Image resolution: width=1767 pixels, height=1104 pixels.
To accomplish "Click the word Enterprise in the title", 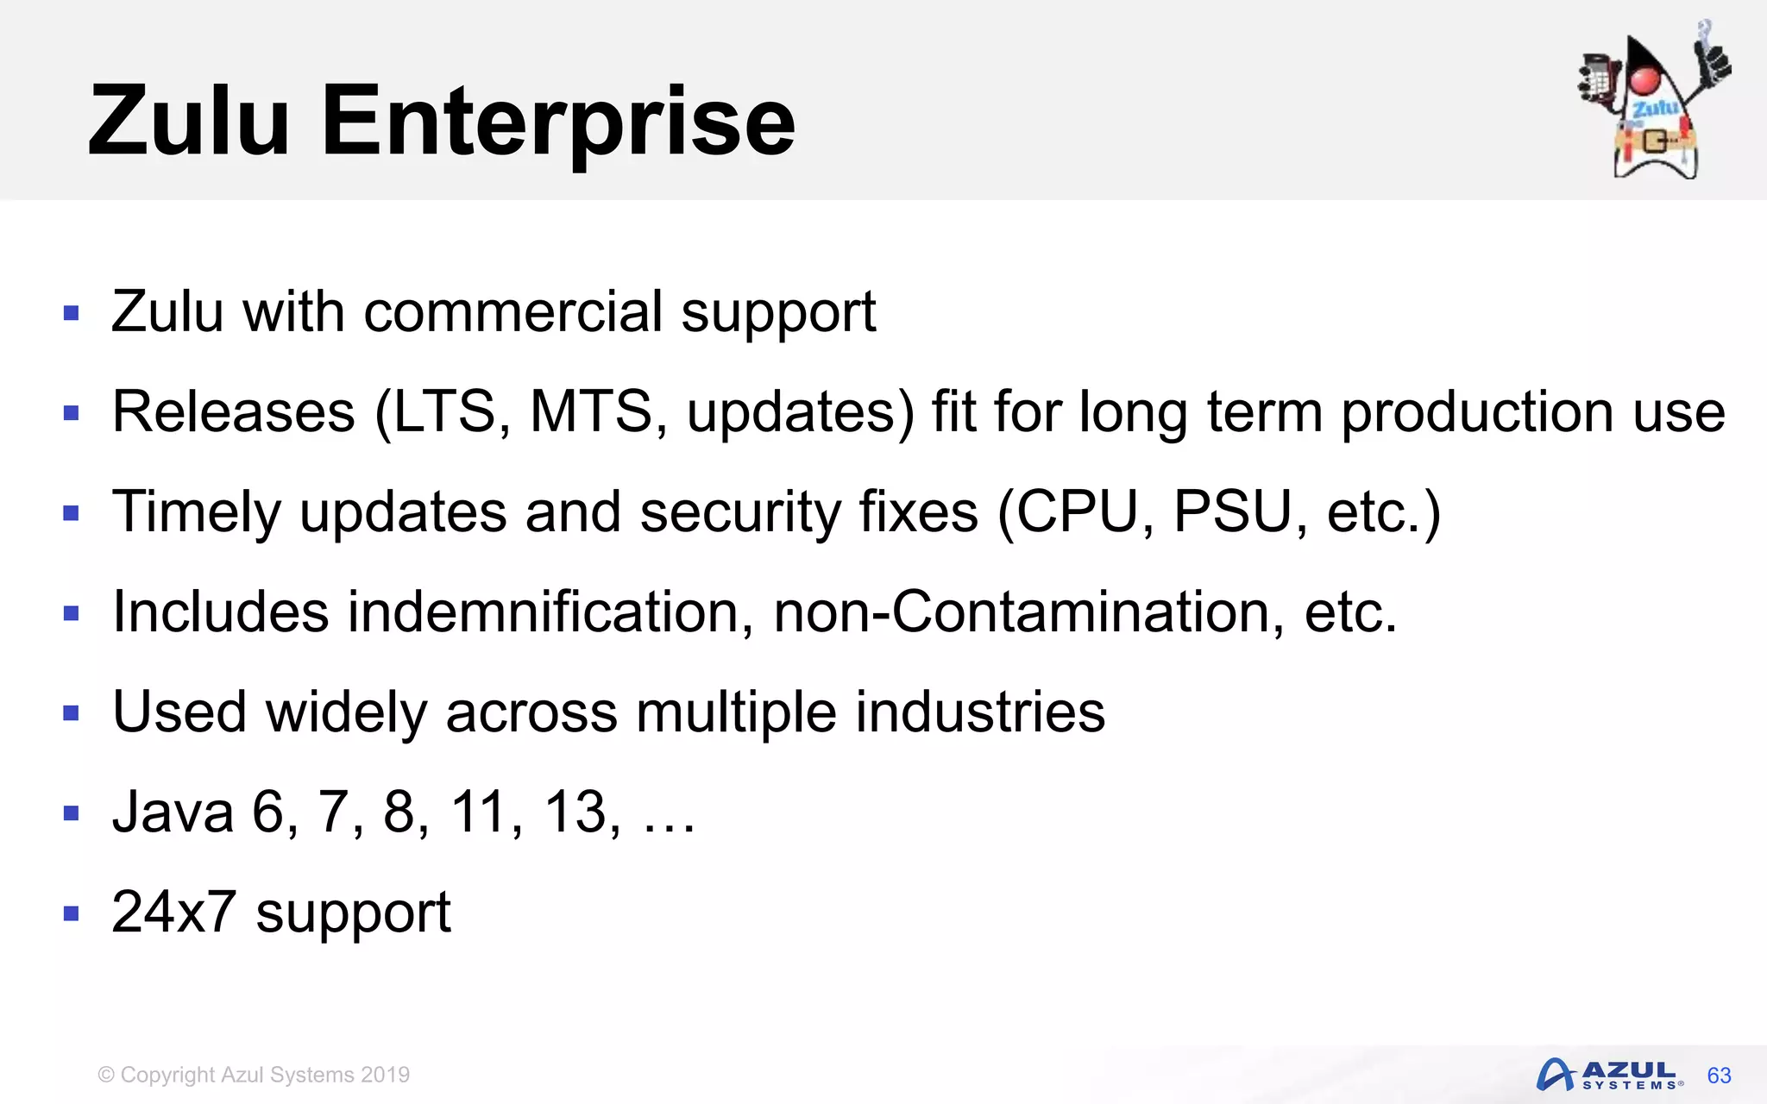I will pyautogui.click(x=557, y=122).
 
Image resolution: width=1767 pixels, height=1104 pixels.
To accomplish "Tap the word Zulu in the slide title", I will pyautogui.click(x=188, y=122).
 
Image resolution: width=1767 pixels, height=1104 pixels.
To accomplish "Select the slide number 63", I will pyautogui.click(x=1719, y=1076).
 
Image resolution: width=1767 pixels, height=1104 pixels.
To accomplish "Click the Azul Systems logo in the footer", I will pyautogui.click(x=1608, y=1075).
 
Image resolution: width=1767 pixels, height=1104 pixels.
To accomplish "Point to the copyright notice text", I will pyautogui.click(x=254, y=1075).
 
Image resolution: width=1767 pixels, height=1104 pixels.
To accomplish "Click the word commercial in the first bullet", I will pyautogui.click(x=513, y=311).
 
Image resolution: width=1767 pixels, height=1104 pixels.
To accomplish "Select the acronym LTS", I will pyautogui.click(x=445, y=411).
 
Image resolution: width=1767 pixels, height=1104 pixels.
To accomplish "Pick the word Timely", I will pyautogui.click(x=197, y=512).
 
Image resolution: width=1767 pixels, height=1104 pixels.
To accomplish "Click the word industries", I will pyautogui.click(x=980, y=712).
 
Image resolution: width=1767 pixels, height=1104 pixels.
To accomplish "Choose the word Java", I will pyautogui.click(x=173, y=812).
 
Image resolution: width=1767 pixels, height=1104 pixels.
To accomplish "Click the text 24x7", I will pyautogui.click(x=173, y=912).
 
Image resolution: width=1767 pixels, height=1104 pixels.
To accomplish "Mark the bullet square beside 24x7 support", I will pyautogui.click(x=72, y=913).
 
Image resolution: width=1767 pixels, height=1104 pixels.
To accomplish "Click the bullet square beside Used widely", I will pyautogui.click(x=72, y=712).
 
